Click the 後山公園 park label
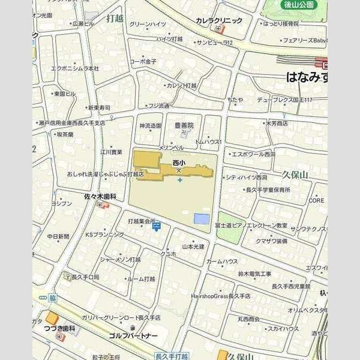point(299,5)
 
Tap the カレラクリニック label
point(219,20)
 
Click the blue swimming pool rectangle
point(203,220)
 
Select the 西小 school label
point(179,162)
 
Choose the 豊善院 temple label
point(184,125)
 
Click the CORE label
point(317,201)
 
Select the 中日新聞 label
point(58,236)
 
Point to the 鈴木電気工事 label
point(254,274)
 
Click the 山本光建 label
point(193,246)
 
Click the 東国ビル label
point(64,94)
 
